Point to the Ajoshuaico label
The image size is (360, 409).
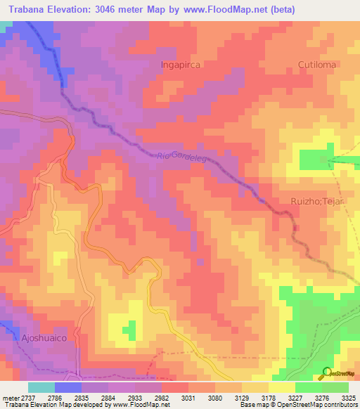[x=37, y=337]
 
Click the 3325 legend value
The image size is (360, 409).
[x=348, y=398]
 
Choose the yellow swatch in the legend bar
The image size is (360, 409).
[x=281, y=387]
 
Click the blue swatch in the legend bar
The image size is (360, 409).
[x=67, y=387]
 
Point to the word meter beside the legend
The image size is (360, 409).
[x=10, y=398]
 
